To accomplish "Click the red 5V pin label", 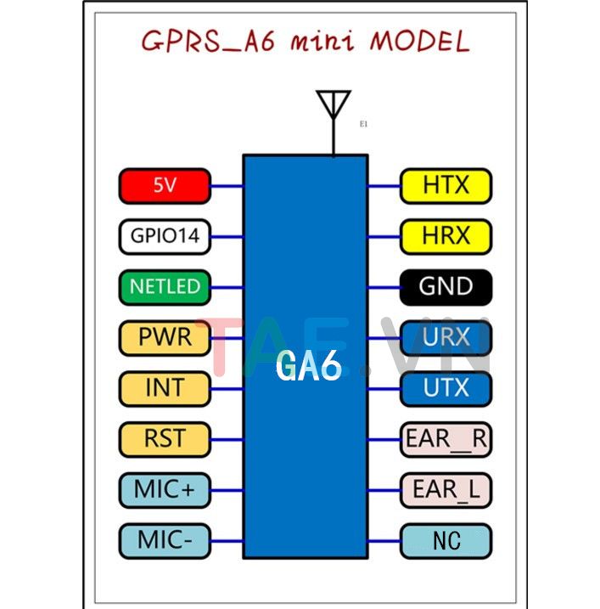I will pos(165,185).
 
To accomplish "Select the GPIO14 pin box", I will pos(165,236).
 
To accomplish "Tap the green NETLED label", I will pos(165,286).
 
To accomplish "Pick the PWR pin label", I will pos(165,338).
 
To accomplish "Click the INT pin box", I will pos(165,388).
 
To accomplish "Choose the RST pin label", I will pos(165,439).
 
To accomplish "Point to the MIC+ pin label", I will pos(165,489).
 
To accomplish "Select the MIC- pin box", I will pos(165,540).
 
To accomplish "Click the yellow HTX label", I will pos(446,185).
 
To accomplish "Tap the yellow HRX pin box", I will pos(446,235).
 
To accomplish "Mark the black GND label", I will pos(446,286).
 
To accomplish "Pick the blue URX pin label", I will pos(446,337).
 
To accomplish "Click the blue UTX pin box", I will pos(446,388).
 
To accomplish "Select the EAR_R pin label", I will pos(446,439).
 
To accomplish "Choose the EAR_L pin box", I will pos(446,489).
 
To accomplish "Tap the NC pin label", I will pos(446,540).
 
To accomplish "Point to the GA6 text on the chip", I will pos(308,367).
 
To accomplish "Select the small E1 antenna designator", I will pos(363,125).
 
